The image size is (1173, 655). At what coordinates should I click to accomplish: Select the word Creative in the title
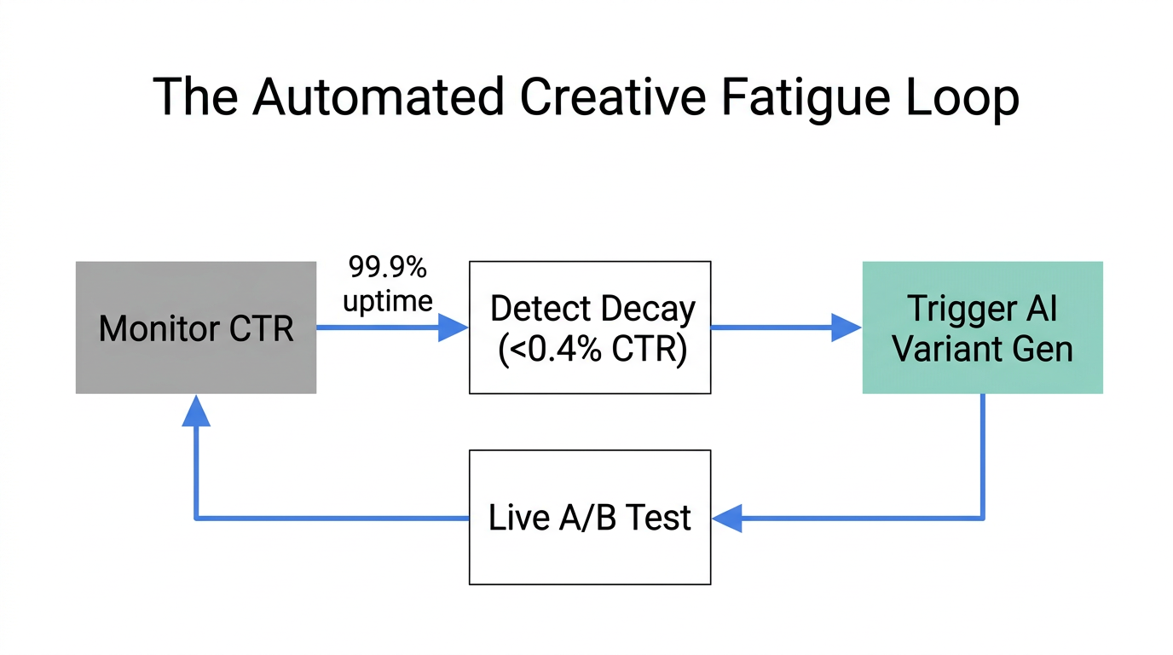click(612, 96)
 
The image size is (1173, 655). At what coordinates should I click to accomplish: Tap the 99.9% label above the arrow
click(387, 268)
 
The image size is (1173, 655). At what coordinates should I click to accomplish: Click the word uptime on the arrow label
click(388, 299)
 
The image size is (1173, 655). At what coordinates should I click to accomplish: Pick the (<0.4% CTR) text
click(592, 350)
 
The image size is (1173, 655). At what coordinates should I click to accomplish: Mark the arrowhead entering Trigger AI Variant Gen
click(846, 327)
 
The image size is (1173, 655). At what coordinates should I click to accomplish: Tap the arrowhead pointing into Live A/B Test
click(727, 518)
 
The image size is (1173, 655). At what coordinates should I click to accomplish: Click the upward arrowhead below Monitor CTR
click(196, 410)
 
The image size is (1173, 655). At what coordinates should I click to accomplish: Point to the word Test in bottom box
click(657, 518)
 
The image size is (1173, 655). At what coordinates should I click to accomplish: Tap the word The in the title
click(196, 96)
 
